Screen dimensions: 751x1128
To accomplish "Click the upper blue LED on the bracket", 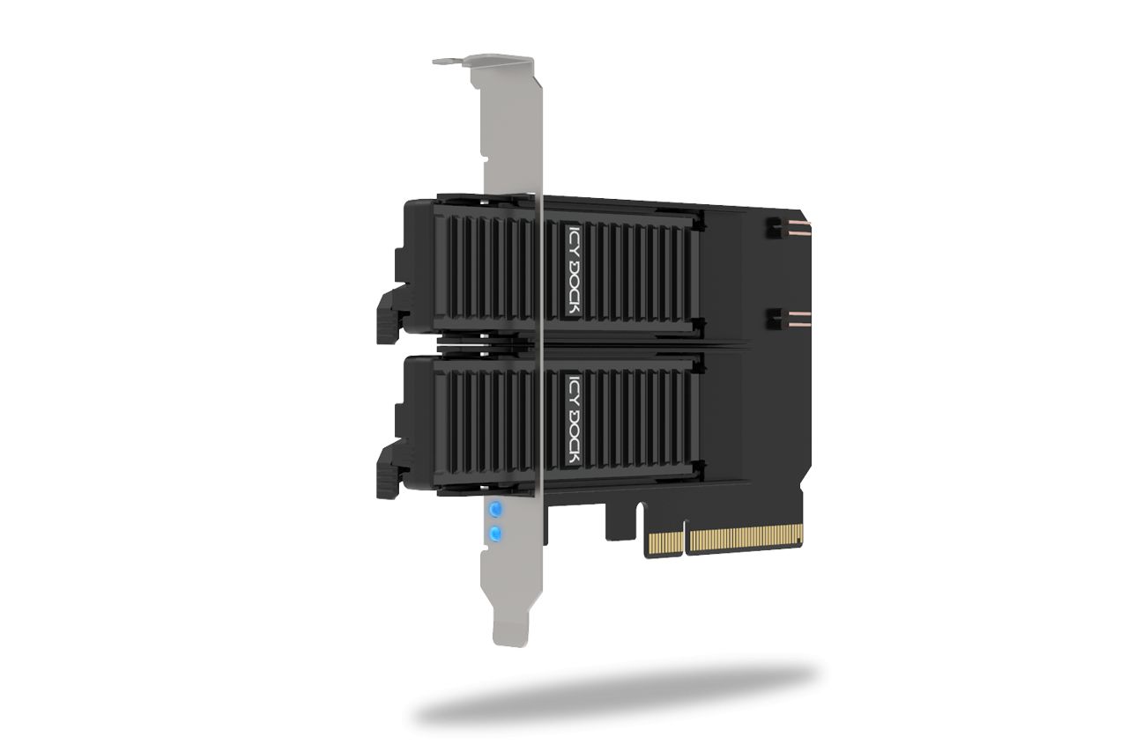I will click(495, 510).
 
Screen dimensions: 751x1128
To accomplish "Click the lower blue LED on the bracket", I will click(494, 533).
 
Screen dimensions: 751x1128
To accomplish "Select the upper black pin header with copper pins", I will click(775, 229).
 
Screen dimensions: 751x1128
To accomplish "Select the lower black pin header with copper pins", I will click(775, 319).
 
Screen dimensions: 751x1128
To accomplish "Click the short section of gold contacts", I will click(665, 542).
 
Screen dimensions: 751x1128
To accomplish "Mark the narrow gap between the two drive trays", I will click(564, 343).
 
